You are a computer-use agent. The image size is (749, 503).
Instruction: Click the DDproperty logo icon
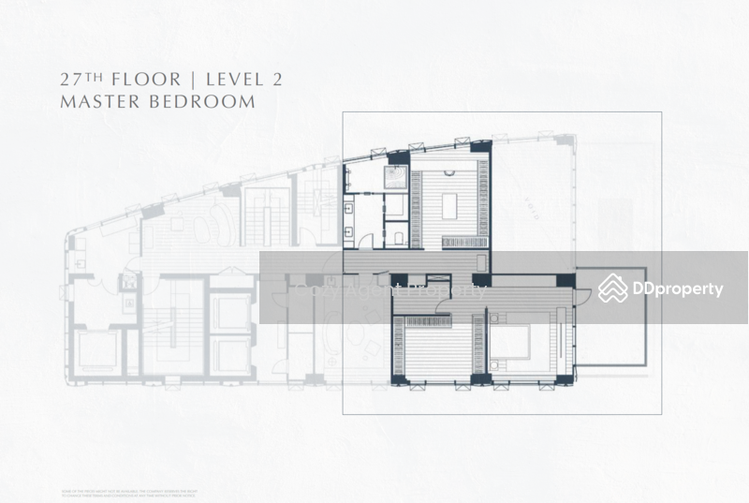613,288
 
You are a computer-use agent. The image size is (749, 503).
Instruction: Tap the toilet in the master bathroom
396,236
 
